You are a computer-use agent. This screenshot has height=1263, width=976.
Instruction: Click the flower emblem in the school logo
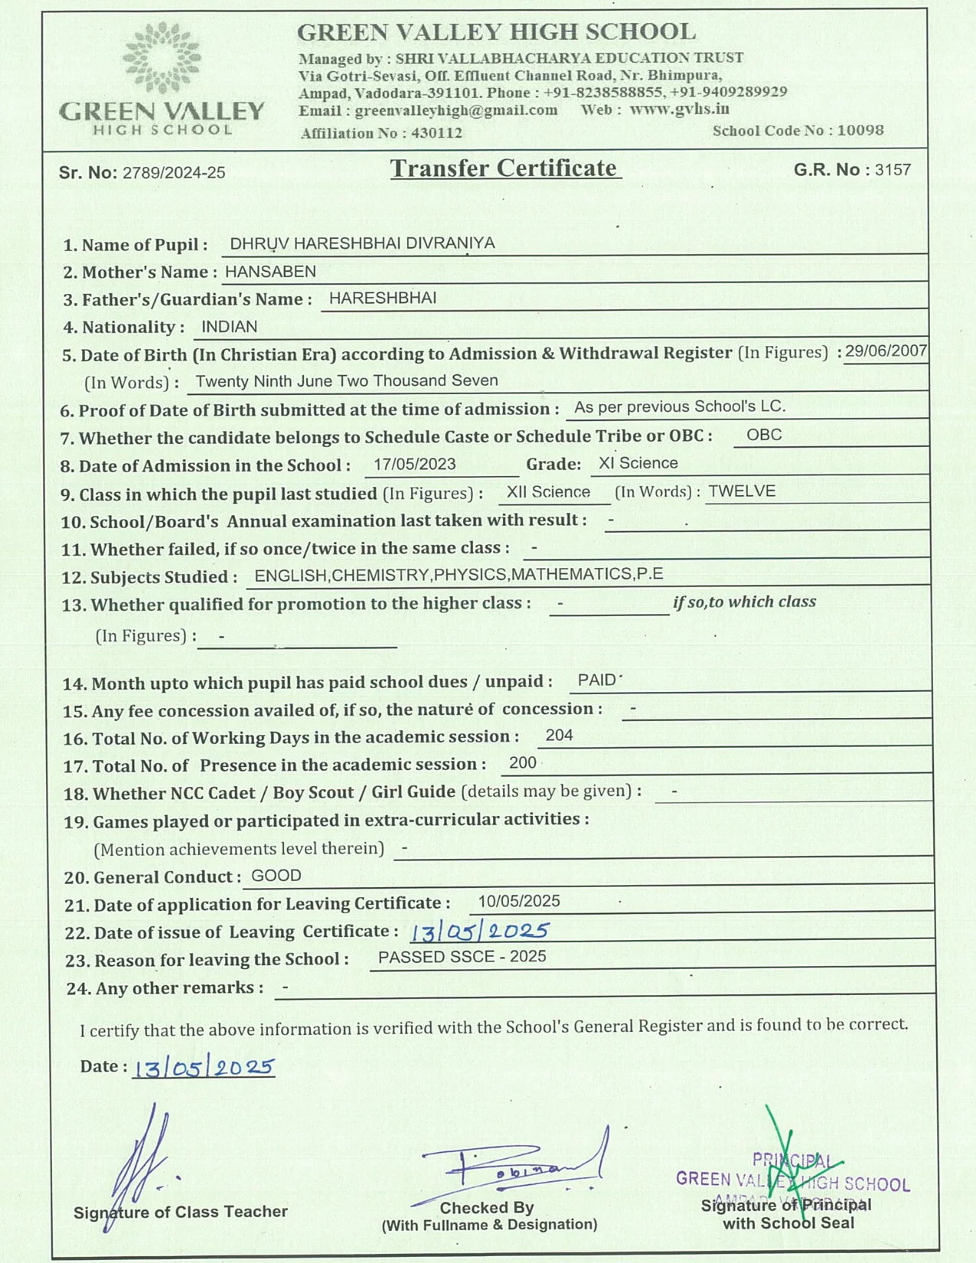tap(162, 58)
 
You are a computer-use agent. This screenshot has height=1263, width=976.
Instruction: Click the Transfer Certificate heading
tap(504, 168)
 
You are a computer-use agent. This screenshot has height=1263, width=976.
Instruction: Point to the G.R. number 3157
tap(893, 170)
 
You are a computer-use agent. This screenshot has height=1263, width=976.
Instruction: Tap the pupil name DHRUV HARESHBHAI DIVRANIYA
tap(362, 243)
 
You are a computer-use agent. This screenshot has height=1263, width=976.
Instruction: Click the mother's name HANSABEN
tap(270, 272)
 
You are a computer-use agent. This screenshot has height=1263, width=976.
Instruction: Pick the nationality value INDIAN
tap(229, 327)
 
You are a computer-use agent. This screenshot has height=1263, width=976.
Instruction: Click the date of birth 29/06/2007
tap(886, 351)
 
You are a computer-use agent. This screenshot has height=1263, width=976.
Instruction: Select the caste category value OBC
tap(764, 435)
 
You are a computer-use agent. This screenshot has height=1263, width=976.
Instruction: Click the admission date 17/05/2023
tap(415, 464)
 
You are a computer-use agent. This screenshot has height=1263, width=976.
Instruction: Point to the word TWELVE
tap(742, 491)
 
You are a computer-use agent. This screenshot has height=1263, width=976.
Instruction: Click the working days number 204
tap(559, 736)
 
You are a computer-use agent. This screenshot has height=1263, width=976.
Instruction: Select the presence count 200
tap(522, 763)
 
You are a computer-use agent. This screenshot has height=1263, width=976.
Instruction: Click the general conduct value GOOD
tap(276, 876)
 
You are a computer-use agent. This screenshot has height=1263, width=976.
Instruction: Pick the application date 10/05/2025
tap(519, 901)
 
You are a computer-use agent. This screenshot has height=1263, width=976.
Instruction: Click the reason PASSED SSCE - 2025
tap(462, 957)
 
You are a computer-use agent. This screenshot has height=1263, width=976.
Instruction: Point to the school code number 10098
tap(860, 130)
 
